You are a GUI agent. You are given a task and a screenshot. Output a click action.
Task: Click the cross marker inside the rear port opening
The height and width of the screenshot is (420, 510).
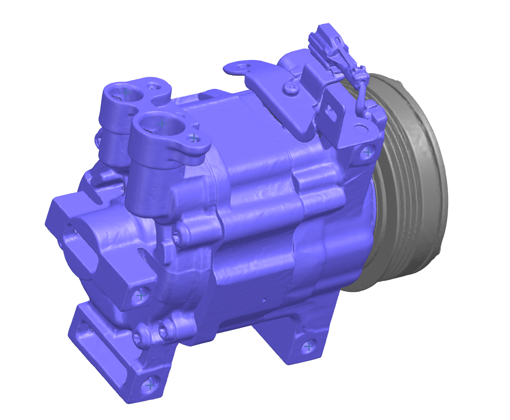pos(126,93)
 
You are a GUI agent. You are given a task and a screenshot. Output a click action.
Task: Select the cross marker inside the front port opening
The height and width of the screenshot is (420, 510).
pos(162,124)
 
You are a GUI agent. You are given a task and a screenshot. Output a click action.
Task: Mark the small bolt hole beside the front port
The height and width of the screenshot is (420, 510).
pos(194,138)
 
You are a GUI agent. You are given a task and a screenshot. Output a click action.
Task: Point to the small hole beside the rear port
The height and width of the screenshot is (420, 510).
pos(153,85)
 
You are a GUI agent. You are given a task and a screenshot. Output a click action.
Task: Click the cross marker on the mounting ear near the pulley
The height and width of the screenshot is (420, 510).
pos(368,153)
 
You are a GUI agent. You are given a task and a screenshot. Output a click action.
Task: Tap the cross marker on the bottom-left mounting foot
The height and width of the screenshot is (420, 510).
pos(150,385)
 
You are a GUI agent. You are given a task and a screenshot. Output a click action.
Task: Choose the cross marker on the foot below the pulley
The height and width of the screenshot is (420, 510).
pos(309,347)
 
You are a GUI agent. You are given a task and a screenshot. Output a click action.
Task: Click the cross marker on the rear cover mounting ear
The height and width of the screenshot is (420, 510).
pos(141,295)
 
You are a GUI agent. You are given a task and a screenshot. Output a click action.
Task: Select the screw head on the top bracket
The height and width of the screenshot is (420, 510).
pos(291,88)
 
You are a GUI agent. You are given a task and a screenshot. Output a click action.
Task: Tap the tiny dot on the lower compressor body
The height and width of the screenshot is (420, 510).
pos(264,301)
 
